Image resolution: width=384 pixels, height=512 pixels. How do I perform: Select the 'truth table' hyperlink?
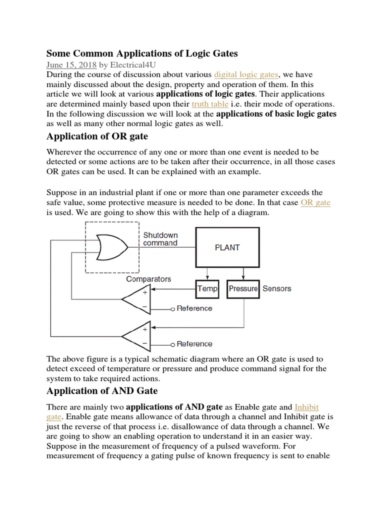tap(210, 104)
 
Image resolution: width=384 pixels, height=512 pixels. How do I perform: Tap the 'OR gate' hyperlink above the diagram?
tap(315, 202)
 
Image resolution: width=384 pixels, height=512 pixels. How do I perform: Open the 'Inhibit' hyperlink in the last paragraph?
tap(307, 406)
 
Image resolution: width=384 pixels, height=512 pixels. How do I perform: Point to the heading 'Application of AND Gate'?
tap(102, 390)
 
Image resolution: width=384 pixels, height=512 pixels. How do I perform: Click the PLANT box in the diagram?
tap(227, 247)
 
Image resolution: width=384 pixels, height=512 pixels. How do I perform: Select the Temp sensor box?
tap(207, 288)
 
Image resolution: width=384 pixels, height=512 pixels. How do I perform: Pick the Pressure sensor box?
tap(243, 288)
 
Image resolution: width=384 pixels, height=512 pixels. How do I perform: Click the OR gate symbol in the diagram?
tap(111, 247)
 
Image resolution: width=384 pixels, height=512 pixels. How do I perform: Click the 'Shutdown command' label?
tap(160, 239)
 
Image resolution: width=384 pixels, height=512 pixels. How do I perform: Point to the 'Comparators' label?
tap(148, 279)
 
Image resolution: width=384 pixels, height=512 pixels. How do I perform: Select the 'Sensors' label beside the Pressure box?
tap(276, 288)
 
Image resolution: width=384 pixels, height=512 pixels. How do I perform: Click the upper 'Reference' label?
tap(194, 308)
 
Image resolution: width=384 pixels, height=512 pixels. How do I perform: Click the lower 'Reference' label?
tap(194, 344)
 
